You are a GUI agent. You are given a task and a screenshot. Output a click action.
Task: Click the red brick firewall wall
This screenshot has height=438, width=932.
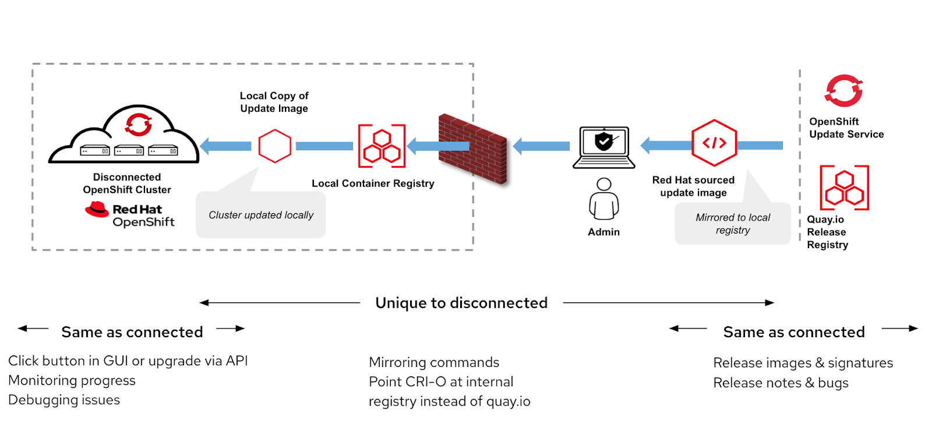point(473,149)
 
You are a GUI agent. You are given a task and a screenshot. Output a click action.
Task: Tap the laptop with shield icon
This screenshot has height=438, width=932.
point(604,147)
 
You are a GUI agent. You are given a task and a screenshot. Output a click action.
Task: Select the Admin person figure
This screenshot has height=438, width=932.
point(604,199)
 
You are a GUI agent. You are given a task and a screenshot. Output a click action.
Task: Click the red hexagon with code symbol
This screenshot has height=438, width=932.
point(714,143)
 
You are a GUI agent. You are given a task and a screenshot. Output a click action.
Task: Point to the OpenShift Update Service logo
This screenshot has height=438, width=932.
point(843,91)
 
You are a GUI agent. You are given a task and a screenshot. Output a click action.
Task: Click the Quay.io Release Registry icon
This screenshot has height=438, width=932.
point(844,188)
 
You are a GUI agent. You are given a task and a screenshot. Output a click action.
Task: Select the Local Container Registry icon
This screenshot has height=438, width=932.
point(382,146)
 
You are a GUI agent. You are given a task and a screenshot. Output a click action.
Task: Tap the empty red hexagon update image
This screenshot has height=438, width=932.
point(275,146)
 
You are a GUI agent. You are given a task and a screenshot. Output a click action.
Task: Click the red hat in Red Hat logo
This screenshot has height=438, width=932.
point(97,210)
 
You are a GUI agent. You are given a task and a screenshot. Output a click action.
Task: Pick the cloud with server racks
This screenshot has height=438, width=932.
point(124,137)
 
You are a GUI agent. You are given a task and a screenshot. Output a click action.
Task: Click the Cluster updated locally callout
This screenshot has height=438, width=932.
point(260,215)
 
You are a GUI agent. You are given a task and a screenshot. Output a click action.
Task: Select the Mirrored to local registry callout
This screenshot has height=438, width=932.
point(732,224)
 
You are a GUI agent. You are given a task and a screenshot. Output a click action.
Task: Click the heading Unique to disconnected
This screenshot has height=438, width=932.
point(461,303)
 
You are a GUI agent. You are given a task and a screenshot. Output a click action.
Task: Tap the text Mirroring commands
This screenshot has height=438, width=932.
point(434,362)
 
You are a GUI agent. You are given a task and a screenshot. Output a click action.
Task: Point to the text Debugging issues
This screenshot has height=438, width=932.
point(64,400)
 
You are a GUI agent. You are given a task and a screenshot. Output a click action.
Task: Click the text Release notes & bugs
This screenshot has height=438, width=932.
point(781,383)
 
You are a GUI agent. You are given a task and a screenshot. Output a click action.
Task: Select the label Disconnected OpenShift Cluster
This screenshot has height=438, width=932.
point(127,183)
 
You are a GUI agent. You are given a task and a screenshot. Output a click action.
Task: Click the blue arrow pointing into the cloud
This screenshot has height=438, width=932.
point(226,146)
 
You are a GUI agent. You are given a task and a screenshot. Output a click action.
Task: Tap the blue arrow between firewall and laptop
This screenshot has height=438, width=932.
point(541,146)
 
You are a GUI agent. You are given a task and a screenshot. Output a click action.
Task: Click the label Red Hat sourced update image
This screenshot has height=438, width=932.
point(693,186)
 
